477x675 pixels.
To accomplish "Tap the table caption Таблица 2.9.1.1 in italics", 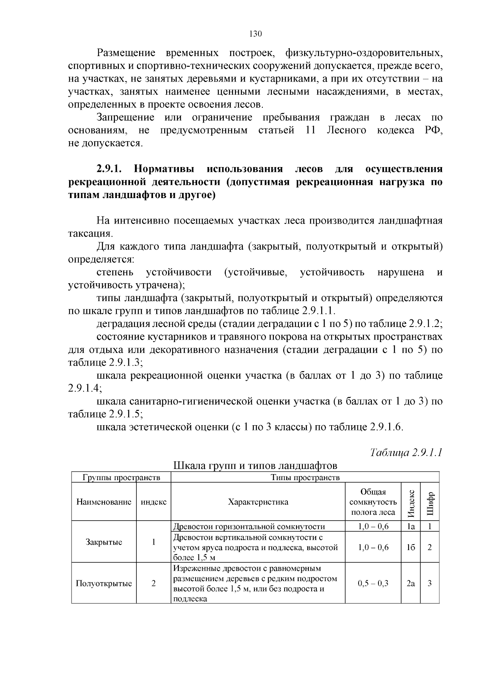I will click(x=406, y=453).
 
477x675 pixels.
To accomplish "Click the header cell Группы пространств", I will click(x=121, y=477).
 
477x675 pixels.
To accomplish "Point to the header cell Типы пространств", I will click(x=305, y=477).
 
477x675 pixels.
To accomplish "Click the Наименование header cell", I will click(x=104, y=502).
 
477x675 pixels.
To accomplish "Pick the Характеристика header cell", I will click(x=258, y=502).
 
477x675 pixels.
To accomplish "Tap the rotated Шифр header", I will click(x=430, y=502).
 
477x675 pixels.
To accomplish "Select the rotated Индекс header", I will click(x=411, y=502).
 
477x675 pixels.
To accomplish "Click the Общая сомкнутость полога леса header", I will click(x=373, y=502).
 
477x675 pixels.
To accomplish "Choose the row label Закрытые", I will click(x=104, y=542).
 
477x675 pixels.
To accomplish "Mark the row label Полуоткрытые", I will click(x=104, y=584).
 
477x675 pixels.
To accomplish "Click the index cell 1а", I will click(x=411, y=526).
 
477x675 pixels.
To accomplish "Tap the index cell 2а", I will click(x=411, y=584).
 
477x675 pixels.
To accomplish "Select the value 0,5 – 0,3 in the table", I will click(x=373, y=584).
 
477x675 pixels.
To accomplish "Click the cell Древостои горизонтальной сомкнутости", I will click(x=249, y=527).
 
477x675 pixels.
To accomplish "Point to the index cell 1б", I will click(x=411, y=547).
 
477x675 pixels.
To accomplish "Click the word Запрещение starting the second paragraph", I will click(x=126, y=118).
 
